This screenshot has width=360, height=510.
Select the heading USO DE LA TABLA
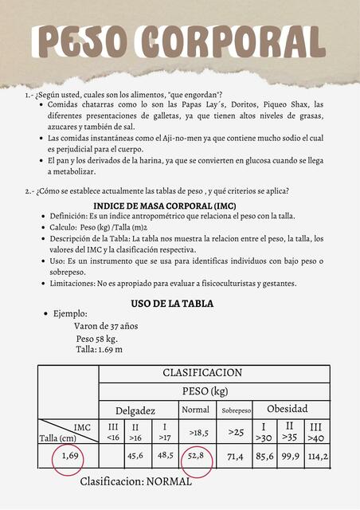(x=172, y=304)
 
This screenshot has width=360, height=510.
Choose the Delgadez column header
(x=135, y=410)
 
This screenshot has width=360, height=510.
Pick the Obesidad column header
(x=287, y=409)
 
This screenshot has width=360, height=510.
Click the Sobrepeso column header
(x=236, y=410)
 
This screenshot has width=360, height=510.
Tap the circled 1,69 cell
(x=70, y=456)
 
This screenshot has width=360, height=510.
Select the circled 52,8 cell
(x=196, y=456)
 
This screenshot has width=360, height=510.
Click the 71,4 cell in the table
(x=236, y=457)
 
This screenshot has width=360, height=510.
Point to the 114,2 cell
(x=318, y=457)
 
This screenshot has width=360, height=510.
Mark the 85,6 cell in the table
(x=264, y=457)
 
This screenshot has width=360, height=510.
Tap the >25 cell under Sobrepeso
(x=236, y=432)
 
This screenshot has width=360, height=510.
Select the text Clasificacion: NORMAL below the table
(x=136, y=481)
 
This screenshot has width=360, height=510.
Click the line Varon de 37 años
(x=106, y=326)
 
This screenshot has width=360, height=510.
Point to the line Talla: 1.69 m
(x=99, y=349)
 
